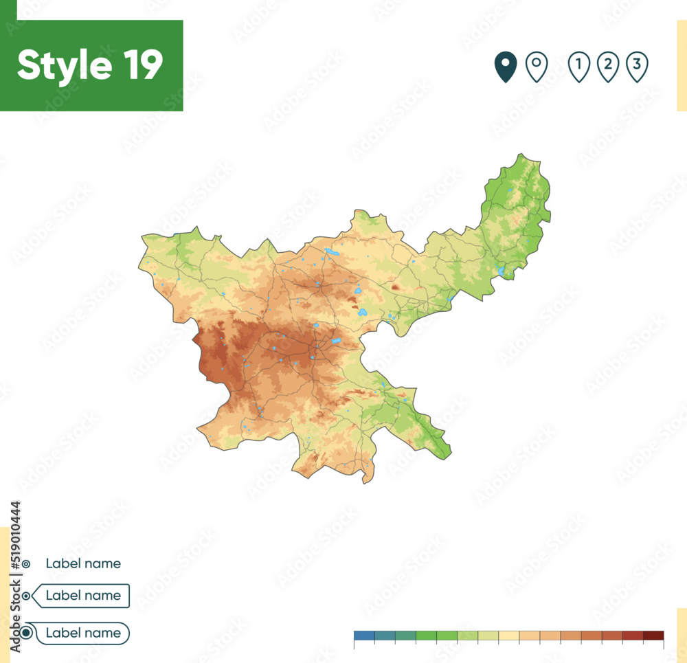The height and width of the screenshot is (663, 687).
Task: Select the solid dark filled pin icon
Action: click(x=506, y=67)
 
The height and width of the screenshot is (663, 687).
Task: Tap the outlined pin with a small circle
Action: click(x=536, y=67)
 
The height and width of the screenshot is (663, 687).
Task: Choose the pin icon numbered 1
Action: click(x=579, y=67)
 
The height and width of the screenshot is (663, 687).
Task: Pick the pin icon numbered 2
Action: click(x=608, y=67)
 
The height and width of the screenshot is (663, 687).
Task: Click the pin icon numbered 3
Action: click(x=637, y=67)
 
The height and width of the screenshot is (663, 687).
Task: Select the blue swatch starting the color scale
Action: click(x=364, y=636)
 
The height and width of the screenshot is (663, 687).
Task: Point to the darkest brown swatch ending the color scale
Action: click(x=653, y=636)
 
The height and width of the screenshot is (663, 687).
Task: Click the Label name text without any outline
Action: click(x=83, y=563)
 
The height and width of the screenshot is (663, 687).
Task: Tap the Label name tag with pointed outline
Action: click(x=82, y=596)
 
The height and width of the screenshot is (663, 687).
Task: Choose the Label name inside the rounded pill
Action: click(x=82, y=633)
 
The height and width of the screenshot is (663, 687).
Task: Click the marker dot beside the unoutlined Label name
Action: click(x=26, y=564)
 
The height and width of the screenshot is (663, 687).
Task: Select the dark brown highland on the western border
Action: click(x=213, y=350)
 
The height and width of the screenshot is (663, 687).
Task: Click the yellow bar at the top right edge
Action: click(x=681, y=65)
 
